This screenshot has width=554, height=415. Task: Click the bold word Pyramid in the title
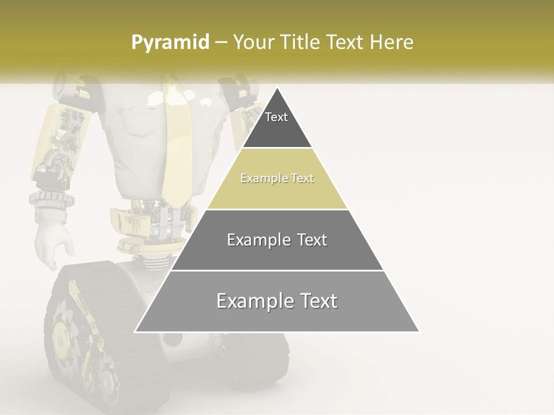pos(170,43)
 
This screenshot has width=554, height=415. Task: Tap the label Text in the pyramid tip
pos(276,117)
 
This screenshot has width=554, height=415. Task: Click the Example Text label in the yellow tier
pos(277,178)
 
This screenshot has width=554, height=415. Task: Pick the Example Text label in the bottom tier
pos(277,301)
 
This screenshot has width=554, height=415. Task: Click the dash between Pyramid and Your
pos(220,43)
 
